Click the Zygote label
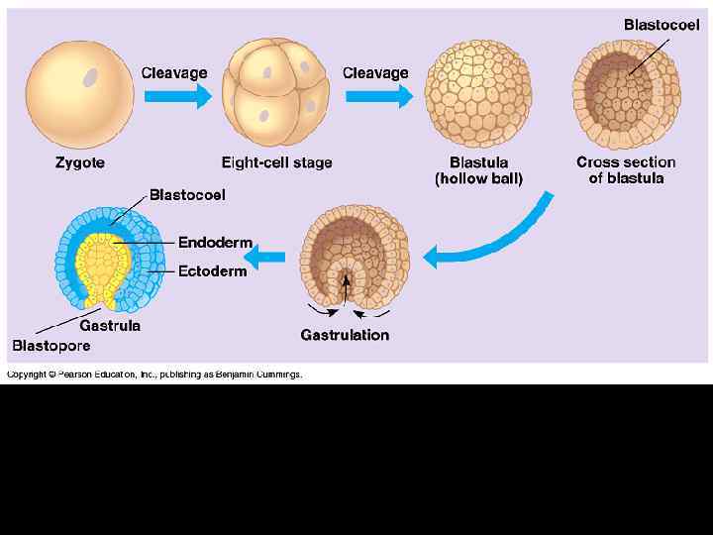pyautogui.click(x=80, y=162)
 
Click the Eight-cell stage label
pyautogui.click(x=276, y=162)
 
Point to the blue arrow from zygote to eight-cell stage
pyautogui.click(x=177, y=96)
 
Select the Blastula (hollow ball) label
pyautogui.click(x=479, y=170)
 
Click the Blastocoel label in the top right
pyautogui.click(x=661, y=25)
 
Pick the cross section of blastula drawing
pyautogui.click(x=627, y=96)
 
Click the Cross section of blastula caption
pyautogui.click(x=626, y=170)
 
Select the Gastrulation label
pyautogui.click(x=345, y=335)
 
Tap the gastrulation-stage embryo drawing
pyautogui.click(x=347, y=254)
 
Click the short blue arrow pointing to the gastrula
pyautogui.click(x=265, y=259)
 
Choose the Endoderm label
pyautogui.click(x=215, y=243)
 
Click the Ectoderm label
pyautogui.click(x=215, y=269)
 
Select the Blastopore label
pyautogui.click(x=51, y=346)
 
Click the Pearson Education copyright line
pyautogui.click(x=154, y=374)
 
